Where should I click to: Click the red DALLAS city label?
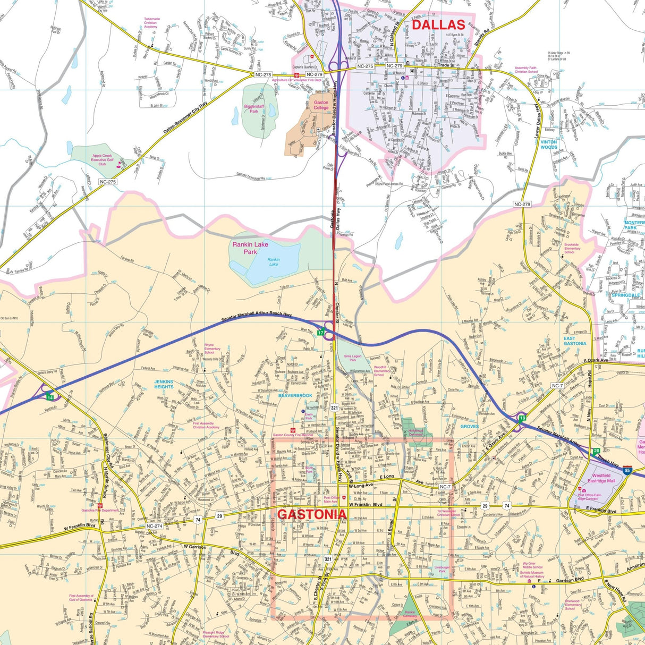pos(438,24)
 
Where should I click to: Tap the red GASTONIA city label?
pos(312,514)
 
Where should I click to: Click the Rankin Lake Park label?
pos(250,248)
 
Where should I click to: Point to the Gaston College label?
pos(321,105)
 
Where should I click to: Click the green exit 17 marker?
pos(320,333)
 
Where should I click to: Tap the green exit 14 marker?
pos(50,397)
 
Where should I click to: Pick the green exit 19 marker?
pos(522,419)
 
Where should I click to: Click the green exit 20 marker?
pos(597,451)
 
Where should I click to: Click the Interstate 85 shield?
pos(628,470)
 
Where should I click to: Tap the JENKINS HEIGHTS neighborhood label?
pos(164,384)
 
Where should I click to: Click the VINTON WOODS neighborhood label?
pos(549,145)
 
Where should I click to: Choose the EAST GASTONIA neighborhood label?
pos(575,341)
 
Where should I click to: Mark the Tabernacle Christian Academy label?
pos(151,22)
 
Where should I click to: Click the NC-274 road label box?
pos(154,526)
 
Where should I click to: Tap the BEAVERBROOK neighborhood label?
pos(295,395)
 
